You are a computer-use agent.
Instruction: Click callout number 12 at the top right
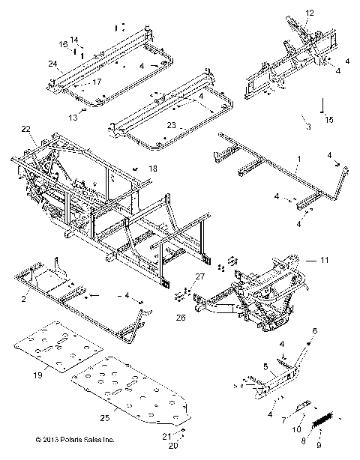(310, 13)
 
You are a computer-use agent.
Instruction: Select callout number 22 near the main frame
(27, 130)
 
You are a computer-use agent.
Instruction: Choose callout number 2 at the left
(23, 298)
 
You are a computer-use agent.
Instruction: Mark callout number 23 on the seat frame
(172, 125)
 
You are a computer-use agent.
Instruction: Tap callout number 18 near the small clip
(153, 169)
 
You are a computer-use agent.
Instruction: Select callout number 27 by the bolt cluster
(199, 277)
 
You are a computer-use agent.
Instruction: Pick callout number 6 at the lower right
(315, 331)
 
